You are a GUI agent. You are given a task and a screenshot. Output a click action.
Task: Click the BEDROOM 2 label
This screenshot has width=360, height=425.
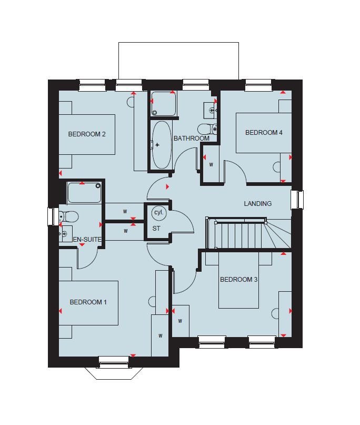tap(87, 134)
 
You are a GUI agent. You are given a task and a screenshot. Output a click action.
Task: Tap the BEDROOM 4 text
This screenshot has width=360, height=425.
tap(264, 133)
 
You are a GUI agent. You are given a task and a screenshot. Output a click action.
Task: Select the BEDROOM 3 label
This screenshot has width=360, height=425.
tap(238, 280)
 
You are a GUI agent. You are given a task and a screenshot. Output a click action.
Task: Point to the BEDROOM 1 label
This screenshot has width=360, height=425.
tap(88, 302)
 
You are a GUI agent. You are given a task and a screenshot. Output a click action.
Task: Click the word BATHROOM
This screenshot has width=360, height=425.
tap(192, 139)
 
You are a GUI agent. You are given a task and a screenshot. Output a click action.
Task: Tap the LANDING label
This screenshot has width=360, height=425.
tap(257, 204)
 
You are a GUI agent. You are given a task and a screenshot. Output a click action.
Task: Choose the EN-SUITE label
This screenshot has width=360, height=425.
tap(87, 240)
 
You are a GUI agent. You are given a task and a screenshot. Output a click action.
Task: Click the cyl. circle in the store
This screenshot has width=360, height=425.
tap(159, 213)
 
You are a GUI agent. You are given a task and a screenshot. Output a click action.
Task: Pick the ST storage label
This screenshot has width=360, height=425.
tap(156, 229)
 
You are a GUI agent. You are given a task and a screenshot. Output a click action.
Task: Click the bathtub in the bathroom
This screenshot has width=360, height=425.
tap(162, 145)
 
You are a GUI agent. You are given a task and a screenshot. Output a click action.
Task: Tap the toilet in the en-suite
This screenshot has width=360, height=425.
tap(69, 217)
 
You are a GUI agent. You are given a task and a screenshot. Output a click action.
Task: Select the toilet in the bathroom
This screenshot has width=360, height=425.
tap(207, 129)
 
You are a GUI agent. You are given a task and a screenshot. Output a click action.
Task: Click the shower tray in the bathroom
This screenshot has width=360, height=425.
tap(164, 104)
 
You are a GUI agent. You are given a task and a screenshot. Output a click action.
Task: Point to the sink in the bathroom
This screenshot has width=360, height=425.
tap(210, 111)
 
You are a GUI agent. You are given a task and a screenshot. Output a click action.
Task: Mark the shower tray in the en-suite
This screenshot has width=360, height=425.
tap(84, 193)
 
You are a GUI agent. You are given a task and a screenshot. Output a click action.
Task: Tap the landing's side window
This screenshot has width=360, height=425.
tap(297, 200)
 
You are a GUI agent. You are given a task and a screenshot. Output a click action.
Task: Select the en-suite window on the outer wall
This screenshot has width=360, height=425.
tap(53, 216)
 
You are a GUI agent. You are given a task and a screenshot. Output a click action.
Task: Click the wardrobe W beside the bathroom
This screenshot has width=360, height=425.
tap(211, 164)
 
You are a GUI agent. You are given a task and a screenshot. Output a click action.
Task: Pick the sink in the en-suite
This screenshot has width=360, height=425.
tap(66, 234)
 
